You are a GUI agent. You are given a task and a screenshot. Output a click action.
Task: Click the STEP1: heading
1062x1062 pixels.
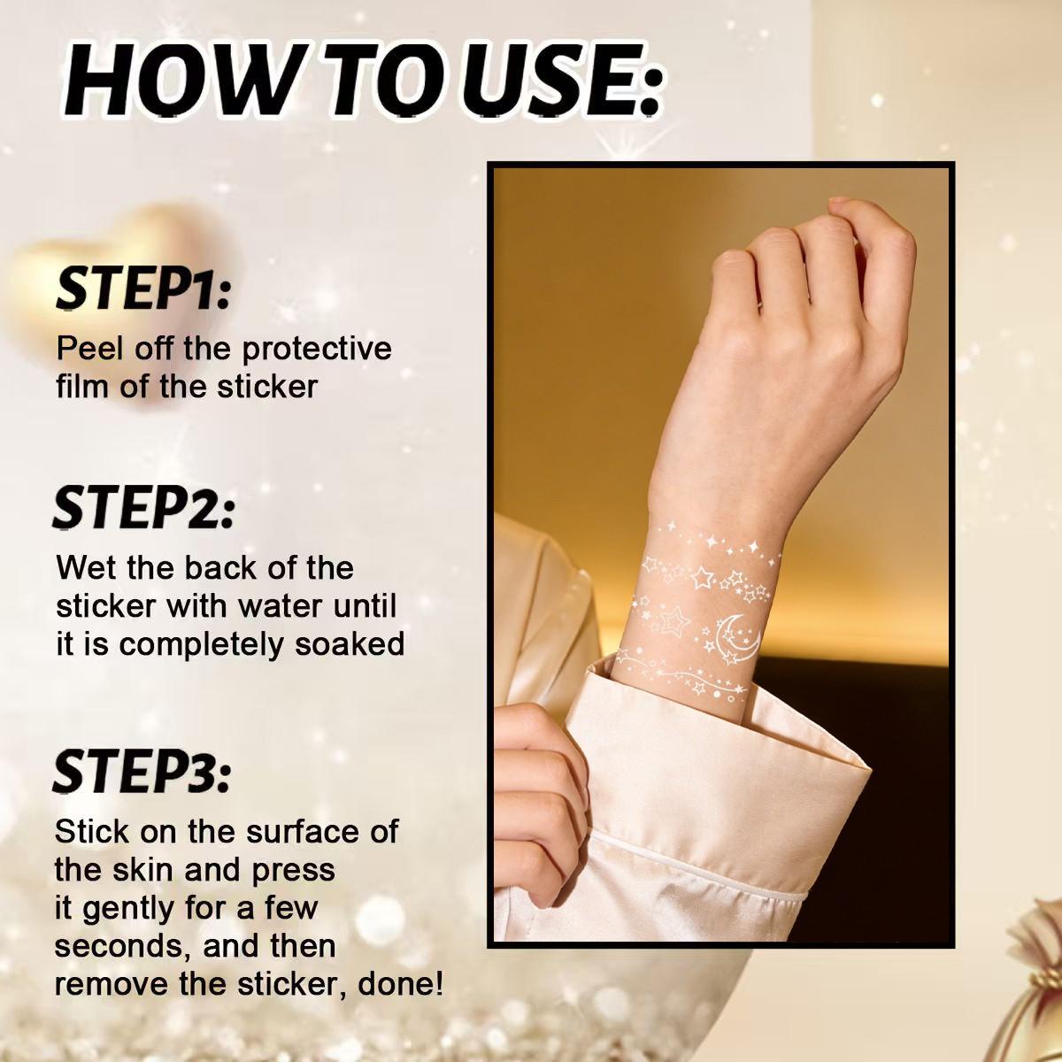pos(143,289)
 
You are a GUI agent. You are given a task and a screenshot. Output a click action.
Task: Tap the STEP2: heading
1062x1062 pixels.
pos(144,508)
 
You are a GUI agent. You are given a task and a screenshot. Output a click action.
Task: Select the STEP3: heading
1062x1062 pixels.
pos(142,770)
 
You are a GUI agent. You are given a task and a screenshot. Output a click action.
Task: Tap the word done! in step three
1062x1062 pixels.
pos(401,985)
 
